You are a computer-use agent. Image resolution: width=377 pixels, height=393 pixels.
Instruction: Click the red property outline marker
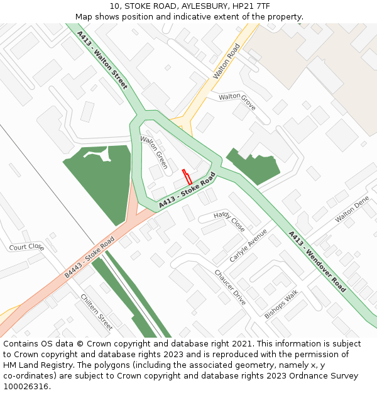click(187, 177)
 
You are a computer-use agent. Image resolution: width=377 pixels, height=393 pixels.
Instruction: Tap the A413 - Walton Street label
click(102, 59)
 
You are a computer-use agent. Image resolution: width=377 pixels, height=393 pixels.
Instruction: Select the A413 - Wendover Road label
click(317, 262)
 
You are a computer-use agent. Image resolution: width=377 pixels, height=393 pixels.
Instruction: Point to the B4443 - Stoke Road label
click(89, 257)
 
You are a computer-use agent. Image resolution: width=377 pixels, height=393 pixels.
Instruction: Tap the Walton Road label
click(227, 61)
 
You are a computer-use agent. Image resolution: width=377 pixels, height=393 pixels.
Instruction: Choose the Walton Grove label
click(237, 101)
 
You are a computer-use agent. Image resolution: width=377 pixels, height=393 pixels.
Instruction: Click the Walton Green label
click(154, 152)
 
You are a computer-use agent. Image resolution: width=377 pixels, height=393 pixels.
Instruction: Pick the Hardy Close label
click(229, 222)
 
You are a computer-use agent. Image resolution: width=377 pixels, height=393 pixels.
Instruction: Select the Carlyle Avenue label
click(248, 245)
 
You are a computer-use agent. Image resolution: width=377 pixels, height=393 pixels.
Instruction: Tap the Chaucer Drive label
click(230, 287)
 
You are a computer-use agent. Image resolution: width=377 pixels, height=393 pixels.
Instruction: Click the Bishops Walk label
click(281, 304)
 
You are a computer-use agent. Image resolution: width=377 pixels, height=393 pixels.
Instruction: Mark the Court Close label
click(26, 246)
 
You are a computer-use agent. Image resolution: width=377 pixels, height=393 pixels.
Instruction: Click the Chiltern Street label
click(97, 312)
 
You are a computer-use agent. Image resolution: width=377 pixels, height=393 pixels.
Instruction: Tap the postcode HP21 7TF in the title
click(251, 6)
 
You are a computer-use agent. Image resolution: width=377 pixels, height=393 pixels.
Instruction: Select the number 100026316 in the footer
click(26, 386)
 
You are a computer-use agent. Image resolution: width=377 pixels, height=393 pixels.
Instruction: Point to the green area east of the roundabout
click(251, 166)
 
